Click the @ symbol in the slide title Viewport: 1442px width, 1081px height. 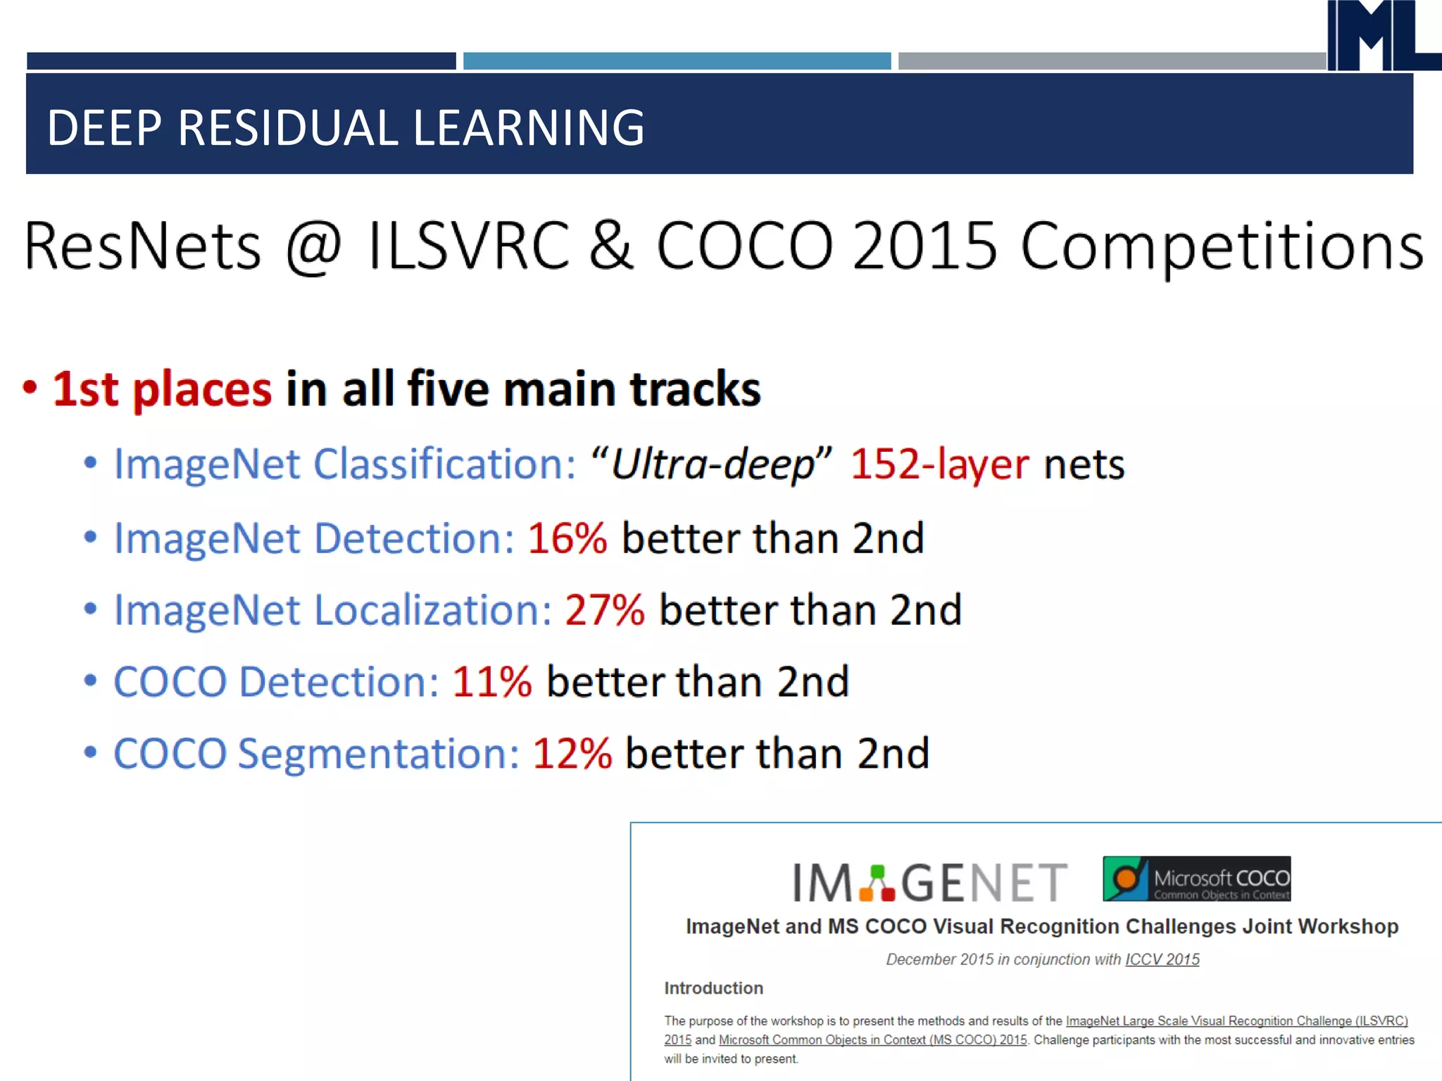314,247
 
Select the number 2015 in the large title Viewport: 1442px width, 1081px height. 924,246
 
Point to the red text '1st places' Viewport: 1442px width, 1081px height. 162,388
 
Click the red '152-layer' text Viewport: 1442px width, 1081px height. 939,464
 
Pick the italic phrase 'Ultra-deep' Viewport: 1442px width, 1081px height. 712,464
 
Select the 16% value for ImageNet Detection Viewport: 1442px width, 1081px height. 567,538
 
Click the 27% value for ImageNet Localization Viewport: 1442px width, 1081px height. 604,609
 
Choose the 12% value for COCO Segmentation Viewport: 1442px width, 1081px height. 572,754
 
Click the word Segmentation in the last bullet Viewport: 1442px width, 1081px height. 378,754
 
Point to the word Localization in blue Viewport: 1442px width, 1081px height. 432,609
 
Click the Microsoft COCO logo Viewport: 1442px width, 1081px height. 1196,879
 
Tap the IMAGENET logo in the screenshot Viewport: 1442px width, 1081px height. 929,883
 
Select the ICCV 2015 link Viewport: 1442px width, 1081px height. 1162,959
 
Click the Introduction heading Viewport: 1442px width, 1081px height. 713,988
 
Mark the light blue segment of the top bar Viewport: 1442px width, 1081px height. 677,61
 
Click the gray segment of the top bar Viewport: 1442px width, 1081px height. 1111,61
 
